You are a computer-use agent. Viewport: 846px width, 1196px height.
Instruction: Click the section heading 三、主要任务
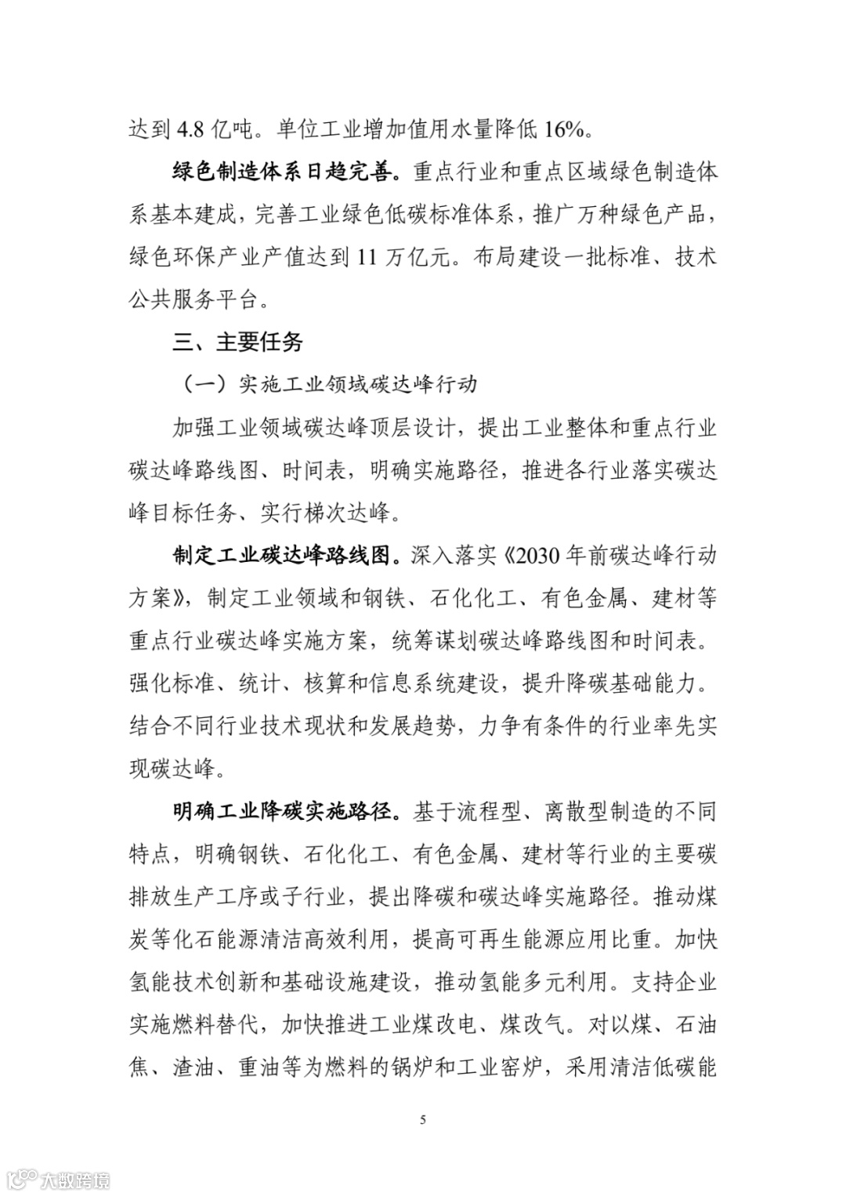[x=237, y=342]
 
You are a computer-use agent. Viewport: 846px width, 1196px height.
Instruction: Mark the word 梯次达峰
[x=346, y=513]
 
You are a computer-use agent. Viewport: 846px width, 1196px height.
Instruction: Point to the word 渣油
[x=193, y=1067]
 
